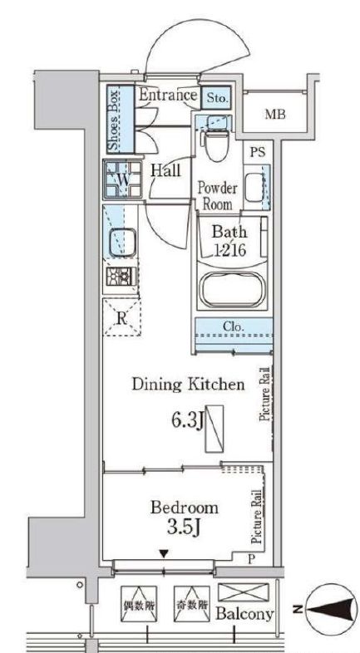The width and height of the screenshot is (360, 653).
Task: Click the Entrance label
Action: [x=167, y=95]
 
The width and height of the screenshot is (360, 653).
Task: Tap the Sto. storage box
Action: [x=216, y=98]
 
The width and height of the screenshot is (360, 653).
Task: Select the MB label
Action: [x=275, y=114]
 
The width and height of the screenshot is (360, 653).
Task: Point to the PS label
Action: [x=258, y=152]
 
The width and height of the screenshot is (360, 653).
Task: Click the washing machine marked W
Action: [x=122, y=179]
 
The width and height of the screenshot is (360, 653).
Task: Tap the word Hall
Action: [x=165, y=170]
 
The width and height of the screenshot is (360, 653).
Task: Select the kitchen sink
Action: [x=122, y=242]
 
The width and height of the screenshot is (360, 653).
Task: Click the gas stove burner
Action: [x=121, y=276]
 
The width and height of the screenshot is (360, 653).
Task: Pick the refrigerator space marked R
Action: [x=121, y=317]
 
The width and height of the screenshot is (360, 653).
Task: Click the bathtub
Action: [x=232, y=290]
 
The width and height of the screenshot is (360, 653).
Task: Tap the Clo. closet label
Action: [x=234, y=326]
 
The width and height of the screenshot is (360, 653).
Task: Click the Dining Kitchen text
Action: [x=188, y=385]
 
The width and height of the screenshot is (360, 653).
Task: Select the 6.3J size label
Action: [x=186, y=421]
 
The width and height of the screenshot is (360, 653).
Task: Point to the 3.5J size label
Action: [x=184, y=528]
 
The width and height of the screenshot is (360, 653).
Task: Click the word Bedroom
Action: [x=185, y=508]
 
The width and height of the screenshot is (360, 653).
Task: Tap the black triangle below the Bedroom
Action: [x=165, y=554]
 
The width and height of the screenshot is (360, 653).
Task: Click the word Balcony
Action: [x=244, y=613]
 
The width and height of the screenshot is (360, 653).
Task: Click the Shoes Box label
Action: [x=114, y=120]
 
